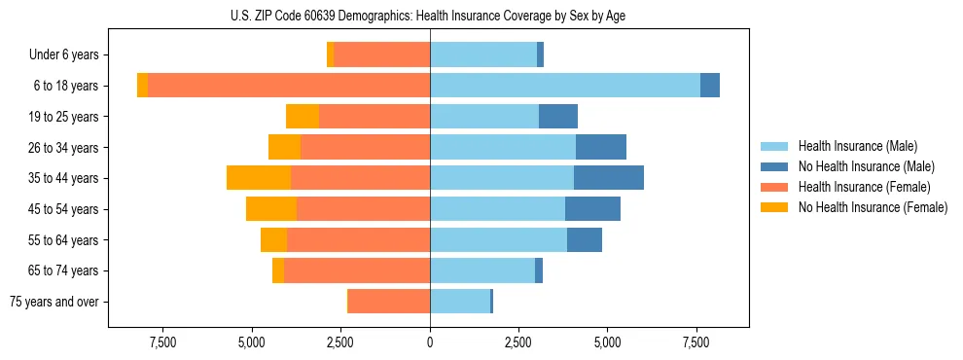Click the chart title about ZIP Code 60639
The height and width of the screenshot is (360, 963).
click(x=429, y=15)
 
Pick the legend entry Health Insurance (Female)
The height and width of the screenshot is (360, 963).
click(x=864, y=187)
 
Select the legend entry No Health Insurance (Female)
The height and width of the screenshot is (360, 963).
click(x=873, y=207)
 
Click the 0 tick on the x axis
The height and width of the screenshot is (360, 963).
click(x=430, y=342)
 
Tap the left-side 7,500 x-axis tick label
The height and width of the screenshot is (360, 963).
click(x=162, y=342)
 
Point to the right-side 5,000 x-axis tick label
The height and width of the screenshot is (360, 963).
click(x=607, y=342)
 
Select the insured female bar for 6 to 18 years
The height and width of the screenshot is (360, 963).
click(x=289, y=86)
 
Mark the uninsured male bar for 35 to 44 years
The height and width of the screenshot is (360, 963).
click(x=609, y=178)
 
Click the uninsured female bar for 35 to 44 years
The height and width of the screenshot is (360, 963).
click(x=259, y=178)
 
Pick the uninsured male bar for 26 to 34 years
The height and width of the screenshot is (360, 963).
click(x=601, y=147)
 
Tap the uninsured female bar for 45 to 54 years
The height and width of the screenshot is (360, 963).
click(x=271, y=209)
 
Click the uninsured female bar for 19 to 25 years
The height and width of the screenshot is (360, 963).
click(x=303, y=117)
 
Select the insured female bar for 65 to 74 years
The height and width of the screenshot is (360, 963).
click(x=357, y=270)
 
